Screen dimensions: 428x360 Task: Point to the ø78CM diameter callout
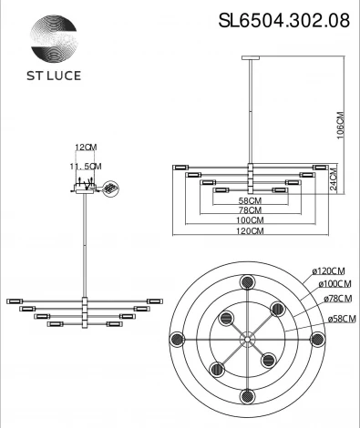334,298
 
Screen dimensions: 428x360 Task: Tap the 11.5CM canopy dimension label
87,166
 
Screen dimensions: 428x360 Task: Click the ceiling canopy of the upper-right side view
249,57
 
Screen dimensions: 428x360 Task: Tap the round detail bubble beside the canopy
112,189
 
